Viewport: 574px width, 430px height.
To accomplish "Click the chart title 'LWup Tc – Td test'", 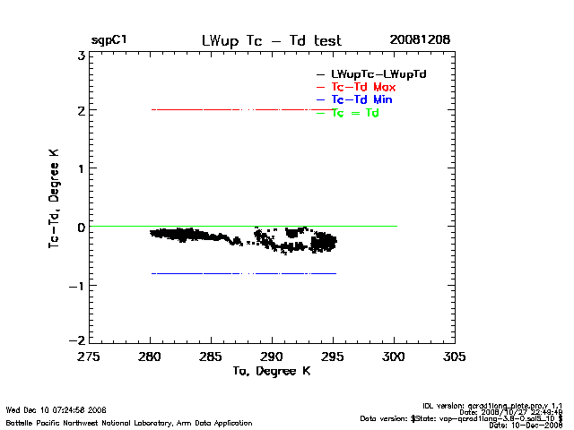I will [272, 40].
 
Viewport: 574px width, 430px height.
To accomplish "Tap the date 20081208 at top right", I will [420, 40].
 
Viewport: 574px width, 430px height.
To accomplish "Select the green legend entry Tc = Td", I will [355, 113].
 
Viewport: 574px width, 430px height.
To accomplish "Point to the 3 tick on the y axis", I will [81, 54].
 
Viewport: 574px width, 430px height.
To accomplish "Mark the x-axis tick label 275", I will [89, 356].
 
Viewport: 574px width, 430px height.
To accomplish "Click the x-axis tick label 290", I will [272, 356].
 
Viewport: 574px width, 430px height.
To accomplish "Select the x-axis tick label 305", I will [455, 356].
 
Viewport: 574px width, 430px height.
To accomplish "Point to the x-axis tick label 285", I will [211, 356].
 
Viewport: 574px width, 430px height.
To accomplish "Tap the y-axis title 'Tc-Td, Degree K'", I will [55, 197].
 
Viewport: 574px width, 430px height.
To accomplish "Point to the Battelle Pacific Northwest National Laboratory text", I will [129, 422].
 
